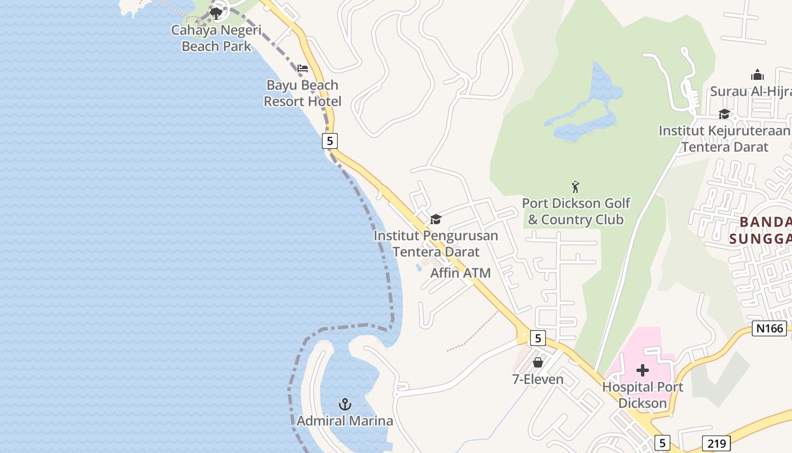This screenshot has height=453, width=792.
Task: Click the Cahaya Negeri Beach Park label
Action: tap(216, 38)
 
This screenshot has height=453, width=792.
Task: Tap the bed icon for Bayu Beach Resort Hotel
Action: tap(303, 69)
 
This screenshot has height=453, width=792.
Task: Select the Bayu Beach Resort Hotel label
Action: tap(303, 93)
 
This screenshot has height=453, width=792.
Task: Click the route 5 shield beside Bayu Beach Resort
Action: tap(330, 140)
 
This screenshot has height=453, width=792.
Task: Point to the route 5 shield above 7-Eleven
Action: tap(537, 339)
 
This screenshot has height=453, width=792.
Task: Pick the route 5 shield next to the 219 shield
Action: tap(662, 443)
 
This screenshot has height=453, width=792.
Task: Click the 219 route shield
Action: tap(716, 443)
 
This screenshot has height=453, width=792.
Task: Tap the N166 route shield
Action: tap(769, 328)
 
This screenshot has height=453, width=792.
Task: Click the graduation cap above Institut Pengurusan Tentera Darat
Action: tap(436, 219)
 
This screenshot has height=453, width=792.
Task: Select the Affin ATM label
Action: tap(460, 273)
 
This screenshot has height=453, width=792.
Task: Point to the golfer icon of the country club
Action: tap(576, 186)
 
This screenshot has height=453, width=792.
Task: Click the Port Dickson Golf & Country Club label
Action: tap(576, 211)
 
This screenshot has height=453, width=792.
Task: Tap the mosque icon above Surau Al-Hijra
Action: tap(757, 75)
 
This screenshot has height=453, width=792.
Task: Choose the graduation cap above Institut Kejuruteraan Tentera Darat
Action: tap(724, 114)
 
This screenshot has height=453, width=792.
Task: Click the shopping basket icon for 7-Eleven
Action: tap(538, 362)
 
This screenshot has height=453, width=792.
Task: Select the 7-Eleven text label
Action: tap(538, 379)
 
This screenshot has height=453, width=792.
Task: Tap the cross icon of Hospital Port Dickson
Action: tap(643, 371)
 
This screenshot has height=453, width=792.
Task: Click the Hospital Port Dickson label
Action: tap(643, 395)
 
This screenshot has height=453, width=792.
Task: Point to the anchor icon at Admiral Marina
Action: tap(345, 404)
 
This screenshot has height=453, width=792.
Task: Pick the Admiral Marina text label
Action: tap(345, 421)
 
